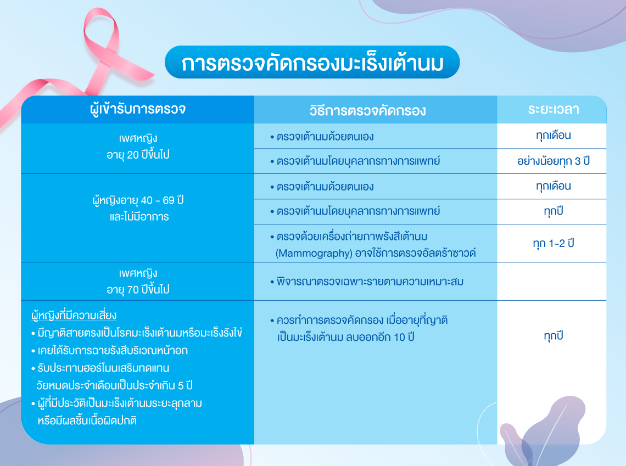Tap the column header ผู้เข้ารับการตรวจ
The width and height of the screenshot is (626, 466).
pos(138,109)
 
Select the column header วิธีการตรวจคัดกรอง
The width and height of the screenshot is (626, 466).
pos(368,110)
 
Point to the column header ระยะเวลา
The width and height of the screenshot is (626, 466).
pos(554,109)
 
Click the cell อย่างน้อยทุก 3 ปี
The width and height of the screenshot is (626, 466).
pos(554,161)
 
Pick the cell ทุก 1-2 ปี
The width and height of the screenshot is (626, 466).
pos(554,243)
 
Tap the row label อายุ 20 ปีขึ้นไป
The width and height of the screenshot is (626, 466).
pos(138,155)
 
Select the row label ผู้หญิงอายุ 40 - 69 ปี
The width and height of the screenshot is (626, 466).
pos(138,200)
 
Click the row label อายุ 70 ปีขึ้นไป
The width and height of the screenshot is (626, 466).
pos(138,289)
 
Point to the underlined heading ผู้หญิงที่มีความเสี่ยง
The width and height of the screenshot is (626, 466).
pos(74,315)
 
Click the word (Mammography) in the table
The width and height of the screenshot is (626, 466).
pos(313,254)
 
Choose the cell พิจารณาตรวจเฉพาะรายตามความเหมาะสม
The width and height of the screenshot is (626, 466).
pos(367,282)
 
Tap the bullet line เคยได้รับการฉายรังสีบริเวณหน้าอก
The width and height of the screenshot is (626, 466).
pos(109,350)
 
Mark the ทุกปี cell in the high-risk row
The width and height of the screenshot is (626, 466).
pos(554,336)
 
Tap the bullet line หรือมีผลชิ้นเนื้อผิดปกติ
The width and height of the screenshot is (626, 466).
pos(87,420)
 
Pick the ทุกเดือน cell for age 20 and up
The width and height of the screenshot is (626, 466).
pos(554,136)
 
